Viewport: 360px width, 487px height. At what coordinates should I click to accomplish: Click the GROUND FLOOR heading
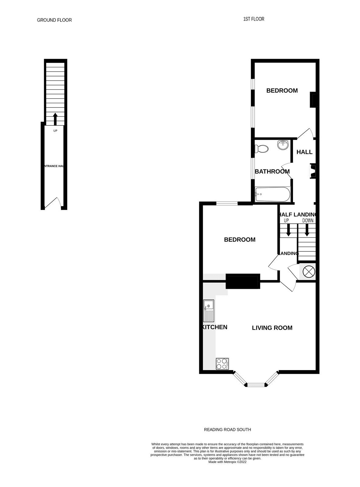click(x=54, y=20)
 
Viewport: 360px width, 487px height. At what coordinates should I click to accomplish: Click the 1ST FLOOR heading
click(x=253, y=19)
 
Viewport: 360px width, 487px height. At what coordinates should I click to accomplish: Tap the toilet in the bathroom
click(x=262, y=149)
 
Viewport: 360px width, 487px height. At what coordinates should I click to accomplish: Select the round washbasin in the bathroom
click(x=283, y=145)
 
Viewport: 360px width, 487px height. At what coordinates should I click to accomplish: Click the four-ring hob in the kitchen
click(x=222, y=363)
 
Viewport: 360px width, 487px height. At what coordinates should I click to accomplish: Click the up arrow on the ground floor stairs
click(x=55, y=119)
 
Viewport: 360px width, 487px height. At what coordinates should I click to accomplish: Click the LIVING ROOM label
click(x=272, y=328)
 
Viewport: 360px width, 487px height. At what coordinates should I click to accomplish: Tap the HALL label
click(x=304, y=152)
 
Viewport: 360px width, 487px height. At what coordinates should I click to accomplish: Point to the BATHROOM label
click(x=272, y=171)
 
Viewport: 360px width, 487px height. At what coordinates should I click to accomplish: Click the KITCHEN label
click(x=215, y=327)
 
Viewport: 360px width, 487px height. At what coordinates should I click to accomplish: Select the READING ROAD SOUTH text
click(x=227, y=430)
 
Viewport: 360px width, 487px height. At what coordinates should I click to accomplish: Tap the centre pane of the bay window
click(x=256, y=385)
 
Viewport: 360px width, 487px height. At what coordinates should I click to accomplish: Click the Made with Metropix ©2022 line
click(x=227, y=462)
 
